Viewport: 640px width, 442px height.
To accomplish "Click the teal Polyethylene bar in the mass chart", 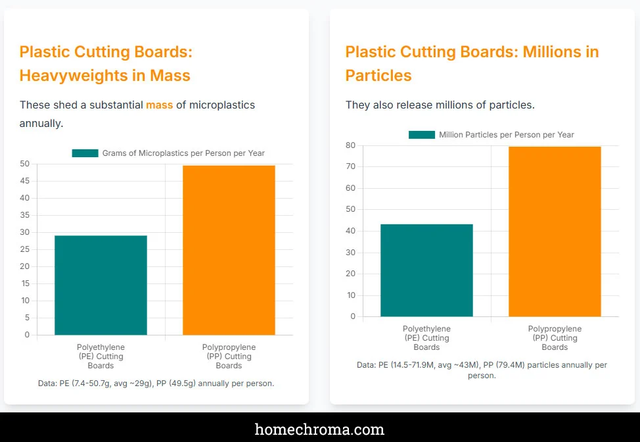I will pyautogui.click(x=101, y=285).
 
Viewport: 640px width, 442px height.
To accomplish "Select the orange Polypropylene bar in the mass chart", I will pyautogui.click(x=229, y=250).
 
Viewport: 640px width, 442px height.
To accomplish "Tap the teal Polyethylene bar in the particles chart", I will pyautogui.click(x=426, y=270).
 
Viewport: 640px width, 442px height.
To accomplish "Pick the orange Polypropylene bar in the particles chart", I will pyautogui.click(x=555, y=232).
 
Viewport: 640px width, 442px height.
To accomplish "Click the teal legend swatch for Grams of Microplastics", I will pyautogui.click(x=85, y=153).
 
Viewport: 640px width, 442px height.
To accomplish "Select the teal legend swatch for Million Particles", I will pyautogui.click(x=421, y=135).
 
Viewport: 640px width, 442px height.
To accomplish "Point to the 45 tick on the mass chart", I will pyautogui.click(x=24, y=181).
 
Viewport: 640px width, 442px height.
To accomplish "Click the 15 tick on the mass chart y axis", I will pyautogui.click(x=24, y=283).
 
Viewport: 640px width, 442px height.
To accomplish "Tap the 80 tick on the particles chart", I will pyautogui.click(x=350, y=145).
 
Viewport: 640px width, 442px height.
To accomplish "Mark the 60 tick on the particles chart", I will pyautogui.click(x=350, y=188).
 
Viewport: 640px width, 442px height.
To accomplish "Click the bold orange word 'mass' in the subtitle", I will pyautogui.click(x=160, y=105).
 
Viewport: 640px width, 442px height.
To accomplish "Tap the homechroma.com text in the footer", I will pyautogui.click(x=319, y=430).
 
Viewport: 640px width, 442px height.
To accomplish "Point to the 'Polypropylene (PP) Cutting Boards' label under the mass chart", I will pyautogui.click(x=229, y=356).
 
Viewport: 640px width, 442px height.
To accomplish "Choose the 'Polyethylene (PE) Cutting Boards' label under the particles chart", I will pyautogui.click(x=426, y=337).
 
